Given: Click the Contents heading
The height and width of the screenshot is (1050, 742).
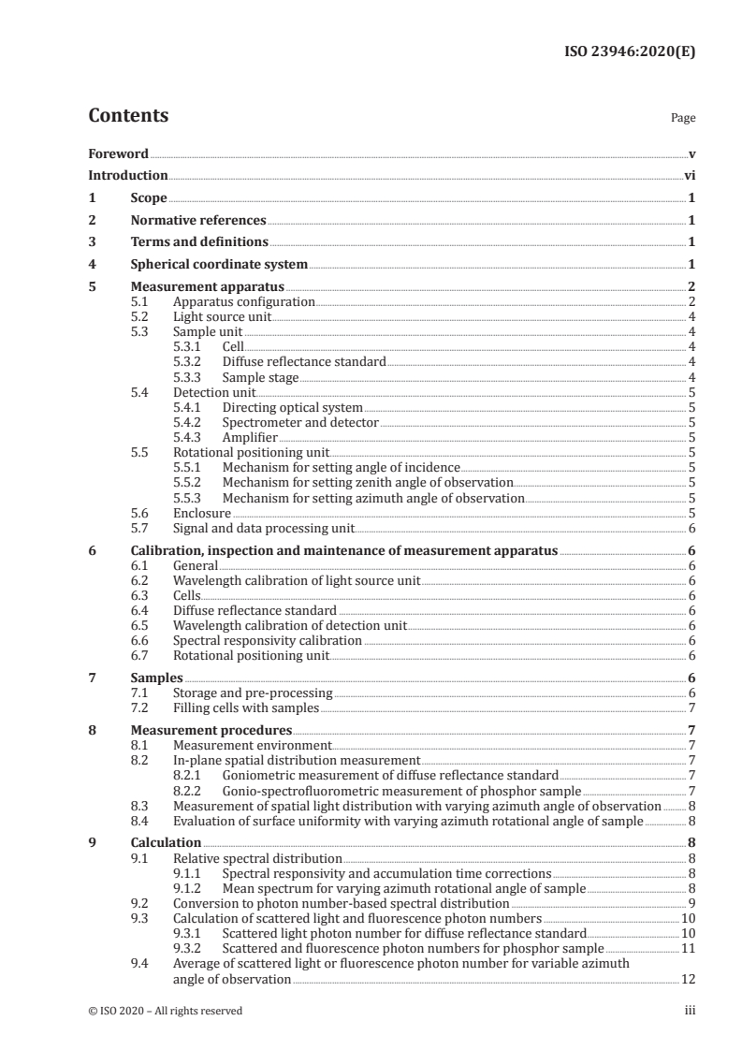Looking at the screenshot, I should click(x=128, y=117).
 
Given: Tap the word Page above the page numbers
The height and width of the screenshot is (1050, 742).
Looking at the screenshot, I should click(x=683, y=119).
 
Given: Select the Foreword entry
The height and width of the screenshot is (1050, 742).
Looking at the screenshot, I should click(x=118, y=153).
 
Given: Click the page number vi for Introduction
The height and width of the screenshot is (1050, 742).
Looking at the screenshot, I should click(x=689, y=176).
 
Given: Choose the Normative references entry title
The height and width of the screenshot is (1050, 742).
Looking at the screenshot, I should click(x=198, y=221).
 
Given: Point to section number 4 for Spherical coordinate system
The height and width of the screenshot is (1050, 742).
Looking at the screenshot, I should click(x=92, y=265).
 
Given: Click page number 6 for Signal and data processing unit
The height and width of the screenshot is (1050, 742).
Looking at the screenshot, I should click(x=691, y=528).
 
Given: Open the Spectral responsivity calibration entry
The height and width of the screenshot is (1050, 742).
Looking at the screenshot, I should click(x=268, y=641).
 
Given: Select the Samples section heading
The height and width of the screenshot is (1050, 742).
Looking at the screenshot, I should click(x=157, y=678).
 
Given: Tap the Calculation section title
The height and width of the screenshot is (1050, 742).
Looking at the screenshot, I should click(x=166, y=843).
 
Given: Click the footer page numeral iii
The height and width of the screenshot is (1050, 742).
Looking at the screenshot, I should click(x=690, y=1011).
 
